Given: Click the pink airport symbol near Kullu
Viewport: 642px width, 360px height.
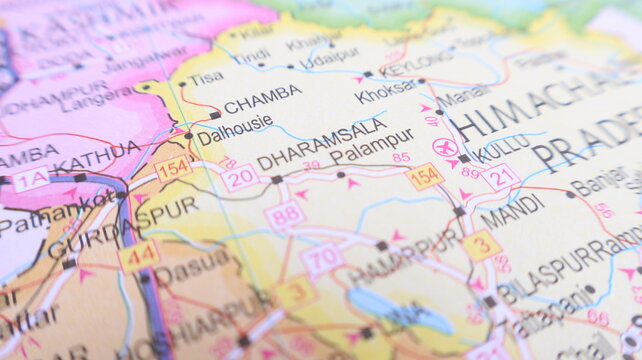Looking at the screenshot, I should tap(445, 148).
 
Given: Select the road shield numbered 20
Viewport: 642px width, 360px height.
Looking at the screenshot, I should tap(240, 178).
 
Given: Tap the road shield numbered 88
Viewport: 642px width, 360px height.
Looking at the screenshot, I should tap(284, 214).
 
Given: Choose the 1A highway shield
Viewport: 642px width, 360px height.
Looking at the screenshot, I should tap(29, 180).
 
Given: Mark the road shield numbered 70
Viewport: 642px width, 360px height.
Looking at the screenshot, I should tap(321, 259).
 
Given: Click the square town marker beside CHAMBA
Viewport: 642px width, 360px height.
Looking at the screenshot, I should tap(215, 115).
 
